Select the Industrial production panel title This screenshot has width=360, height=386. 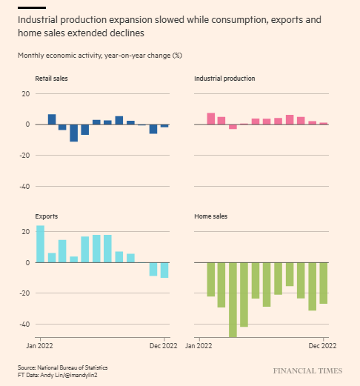[224, 79]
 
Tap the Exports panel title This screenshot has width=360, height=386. [47, 216]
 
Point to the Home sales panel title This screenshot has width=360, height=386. [210, 216]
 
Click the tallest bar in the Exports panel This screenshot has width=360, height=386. [40, 244]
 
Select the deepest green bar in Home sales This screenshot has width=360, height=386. [233, 299]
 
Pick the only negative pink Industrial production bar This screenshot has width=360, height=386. [233, 127]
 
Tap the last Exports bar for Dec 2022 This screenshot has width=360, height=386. [164, 270]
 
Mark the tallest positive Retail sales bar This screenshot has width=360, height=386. [52, 119]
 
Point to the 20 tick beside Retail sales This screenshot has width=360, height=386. [26, 93]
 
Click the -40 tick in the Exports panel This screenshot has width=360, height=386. [24, 325]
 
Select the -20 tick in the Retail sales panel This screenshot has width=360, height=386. [24, 156]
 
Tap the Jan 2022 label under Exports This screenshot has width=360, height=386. [40, 346]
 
